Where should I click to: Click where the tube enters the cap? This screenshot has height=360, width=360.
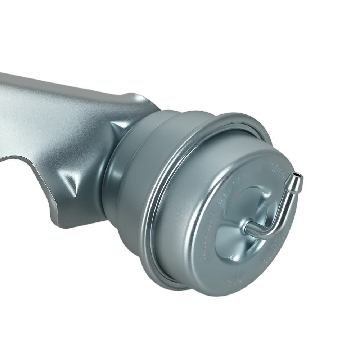[x=247, y=228]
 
